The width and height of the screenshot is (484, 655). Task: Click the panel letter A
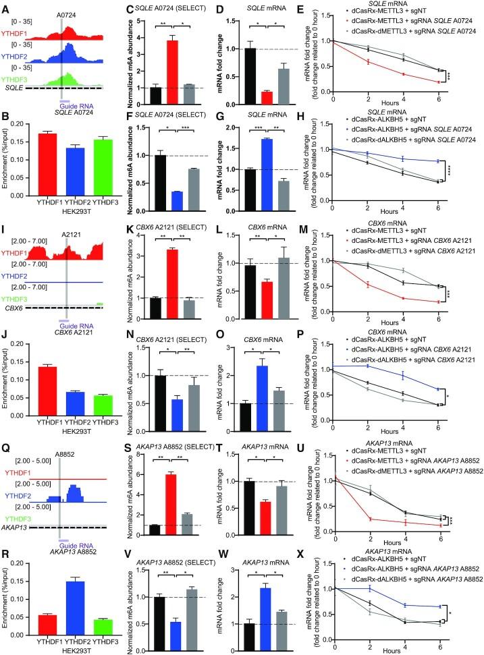click(6, 7)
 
